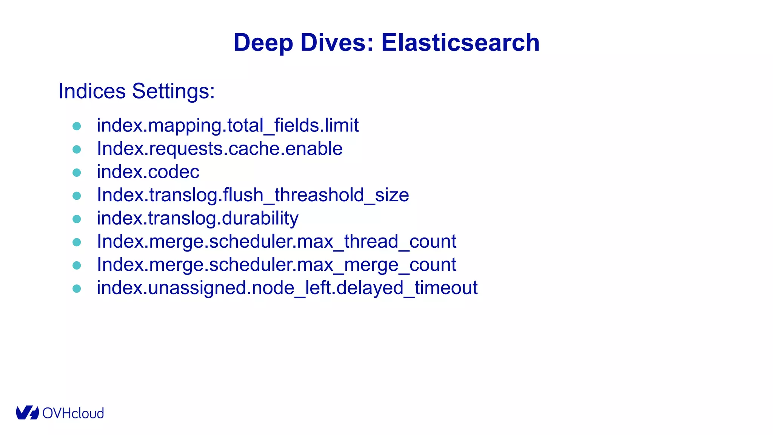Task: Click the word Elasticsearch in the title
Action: [460, 42]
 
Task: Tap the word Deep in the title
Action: [263, 43]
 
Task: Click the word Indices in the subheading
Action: [92, 91]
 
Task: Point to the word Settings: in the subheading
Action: [173, 91]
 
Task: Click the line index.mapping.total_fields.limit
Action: [228, 125]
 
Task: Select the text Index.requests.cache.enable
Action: [220, 148]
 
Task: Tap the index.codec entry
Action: [148, 172]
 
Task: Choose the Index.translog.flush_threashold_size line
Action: [253, 195]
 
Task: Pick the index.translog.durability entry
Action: [197, 218]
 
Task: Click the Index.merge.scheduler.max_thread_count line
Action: [277, 241]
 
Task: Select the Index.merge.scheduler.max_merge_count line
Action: [277, 264]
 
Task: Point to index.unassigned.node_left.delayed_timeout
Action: [287, 288]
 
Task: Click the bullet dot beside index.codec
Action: [77, 173]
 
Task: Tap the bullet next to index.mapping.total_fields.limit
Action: [77, 126]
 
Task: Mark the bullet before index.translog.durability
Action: [77, 219]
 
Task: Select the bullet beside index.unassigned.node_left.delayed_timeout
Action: [77, 288]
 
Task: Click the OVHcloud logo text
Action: [73, 413]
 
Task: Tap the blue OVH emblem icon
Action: [27, 413]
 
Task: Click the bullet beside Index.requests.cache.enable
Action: [77, 149]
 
